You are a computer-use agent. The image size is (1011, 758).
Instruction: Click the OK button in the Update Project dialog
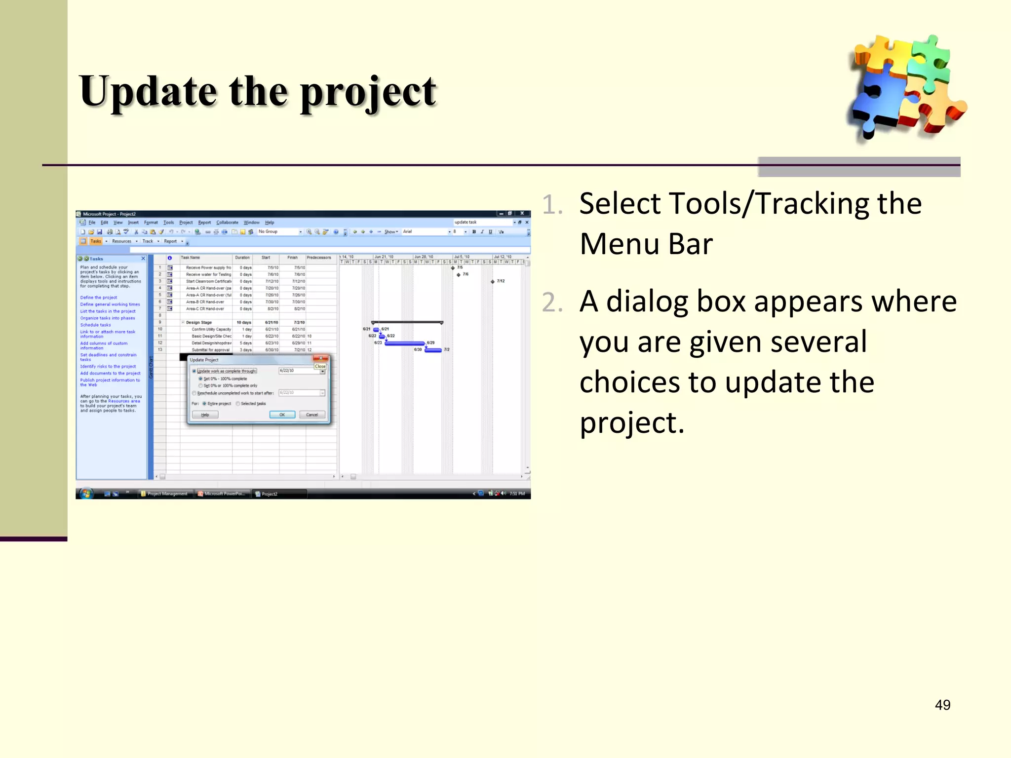[282, 415]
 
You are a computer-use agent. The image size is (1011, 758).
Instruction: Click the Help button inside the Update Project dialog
[205, 415]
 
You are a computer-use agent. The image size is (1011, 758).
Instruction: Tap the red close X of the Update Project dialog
[321, 358]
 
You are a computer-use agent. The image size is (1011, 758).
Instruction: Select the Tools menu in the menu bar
[168, 223]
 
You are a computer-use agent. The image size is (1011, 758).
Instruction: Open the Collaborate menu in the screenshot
[227, 223]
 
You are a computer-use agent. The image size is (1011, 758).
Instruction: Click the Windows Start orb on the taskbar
[86, 493]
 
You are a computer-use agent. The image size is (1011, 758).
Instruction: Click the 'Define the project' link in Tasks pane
[99, 298]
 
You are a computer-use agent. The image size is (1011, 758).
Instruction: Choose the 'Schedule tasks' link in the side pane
[96, 325]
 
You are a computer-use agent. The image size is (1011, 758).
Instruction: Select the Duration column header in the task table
[242, 258]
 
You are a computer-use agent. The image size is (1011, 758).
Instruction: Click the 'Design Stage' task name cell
[199, 322]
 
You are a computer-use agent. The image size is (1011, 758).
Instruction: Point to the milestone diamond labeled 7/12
[493, 281]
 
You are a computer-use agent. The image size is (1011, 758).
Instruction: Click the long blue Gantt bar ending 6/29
[405, 343]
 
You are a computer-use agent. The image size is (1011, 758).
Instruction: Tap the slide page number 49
[942, 705]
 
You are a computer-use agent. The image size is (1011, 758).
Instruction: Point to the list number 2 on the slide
[552, 303]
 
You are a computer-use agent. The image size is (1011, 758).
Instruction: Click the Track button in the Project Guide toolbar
[148, 241]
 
